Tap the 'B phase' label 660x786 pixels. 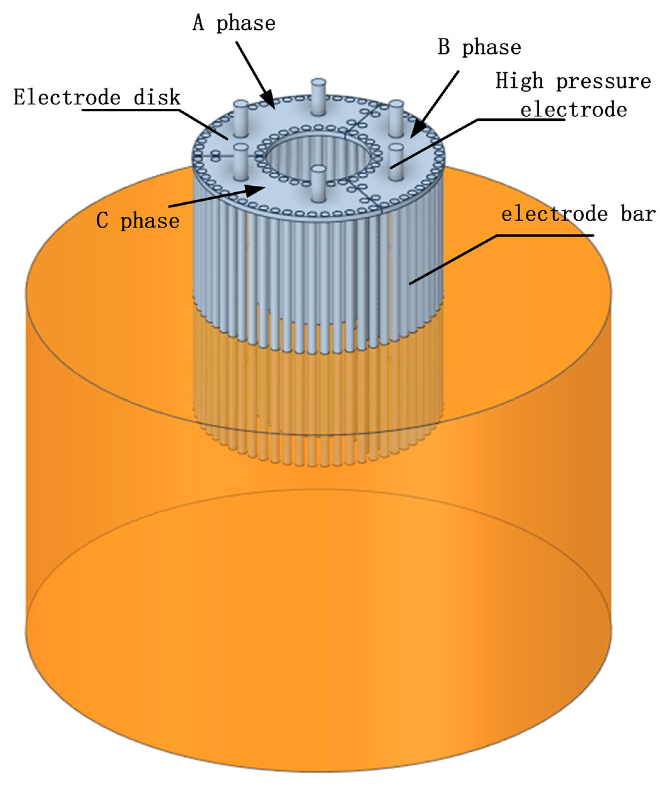[479, 48]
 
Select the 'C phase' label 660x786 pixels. [138, 221]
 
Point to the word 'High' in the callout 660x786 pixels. [519, 81]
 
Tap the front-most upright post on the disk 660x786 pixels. [318, 183]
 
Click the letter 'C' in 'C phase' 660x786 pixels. [102, 220]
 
